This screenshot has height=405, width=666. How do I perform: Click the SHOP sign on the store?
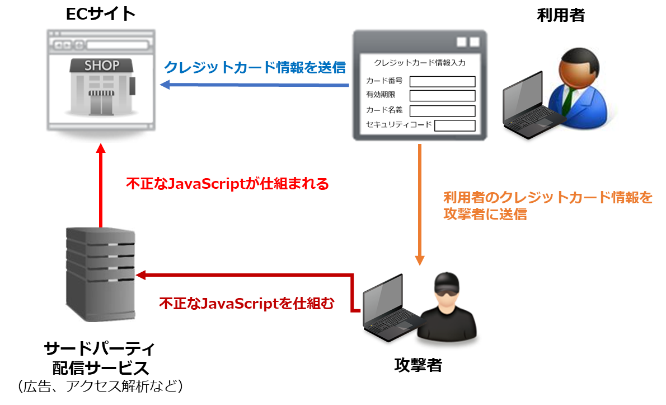point(101,66)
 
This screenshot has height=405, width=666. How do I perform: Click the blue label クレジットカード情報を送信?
point(255,67)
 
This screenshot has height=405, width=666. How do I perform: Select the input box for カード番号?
point(442,82)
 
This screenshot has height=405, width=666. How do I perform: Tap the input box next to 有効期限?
point(442,96)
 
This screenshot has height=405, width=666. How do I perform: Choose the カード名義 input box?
point(442,111)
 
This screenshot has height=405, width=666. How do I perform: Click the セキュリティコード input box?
point(454,125)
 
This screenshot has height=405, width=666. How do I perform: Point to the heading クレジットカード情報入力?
point(419,63)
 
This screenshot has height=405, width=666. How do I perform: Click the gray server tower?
point(100,274)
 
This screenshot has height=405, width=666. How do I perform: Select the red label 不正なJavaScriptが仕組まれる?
point(227,184)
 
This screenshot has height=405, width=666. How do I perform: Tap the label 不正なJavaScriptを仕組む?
point(247,304)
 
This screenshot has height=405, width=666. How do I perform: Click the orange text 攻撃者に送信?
point(485,214)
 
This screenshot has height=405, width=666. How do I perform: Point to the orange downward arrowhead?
point(420,260)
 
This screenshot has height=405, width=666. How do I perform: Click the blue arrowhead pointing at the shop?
point(165,85)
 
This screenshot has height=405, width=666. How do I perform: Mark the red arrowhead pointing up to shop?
point(100,150)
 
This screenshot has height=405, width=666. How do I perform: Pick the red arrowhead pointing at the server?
point(141,274)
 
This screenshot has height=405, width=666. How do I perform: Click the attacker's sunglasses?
point(448,290)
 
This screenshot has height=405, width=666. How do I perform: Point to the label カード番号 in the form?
point(384,81)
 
